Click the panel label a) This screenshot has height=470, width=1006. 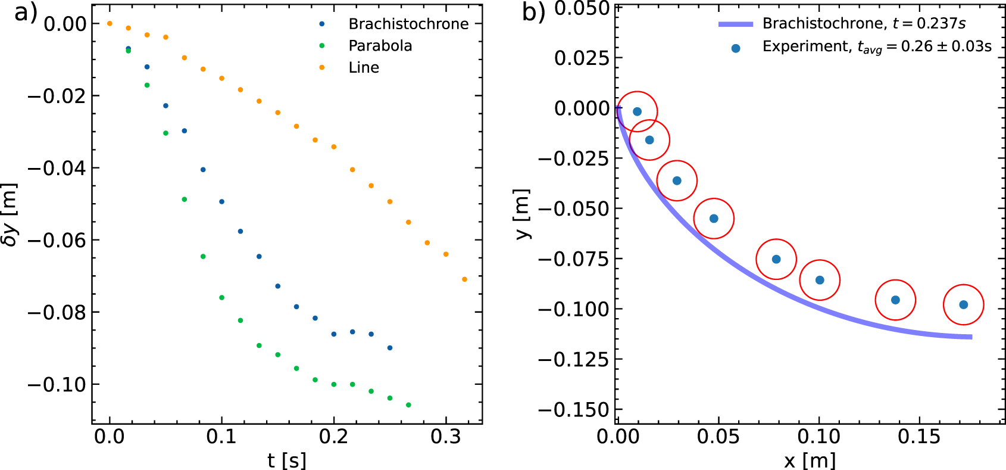tap(25, 13)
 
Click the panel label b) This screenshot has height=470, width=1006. tap(533, 13)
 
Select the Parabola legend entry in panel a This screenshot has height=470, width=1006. tap(380, 46)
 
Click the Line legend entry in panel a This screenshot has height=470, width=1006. tap(363, 68)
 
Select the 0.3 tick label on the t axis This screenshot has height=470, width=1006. tap(445, 437)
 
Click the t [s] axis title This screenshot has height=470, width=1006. tap(286, 460)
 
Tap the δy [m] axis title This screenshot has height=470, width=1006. tap(10, 214)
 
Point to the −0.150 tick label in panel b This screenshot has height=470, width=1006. tap(574, 410)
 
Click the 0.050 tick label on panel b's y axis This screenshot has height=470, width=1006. tap(582, 8)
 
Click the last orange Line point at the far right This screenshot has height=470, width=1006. tap(464, 279)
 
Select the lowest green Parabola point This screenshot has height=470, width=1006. tap(408, 405)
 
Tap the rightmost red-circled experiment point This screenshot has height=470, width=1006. tap(963, 305)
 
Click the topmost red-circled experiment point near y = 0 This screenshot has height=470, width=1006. tap(637, 111)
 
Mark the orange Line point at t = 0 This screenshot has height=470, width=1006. tap(110, 24)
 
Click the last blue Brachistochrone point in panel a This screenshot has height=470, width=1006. tap(390, 348)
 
